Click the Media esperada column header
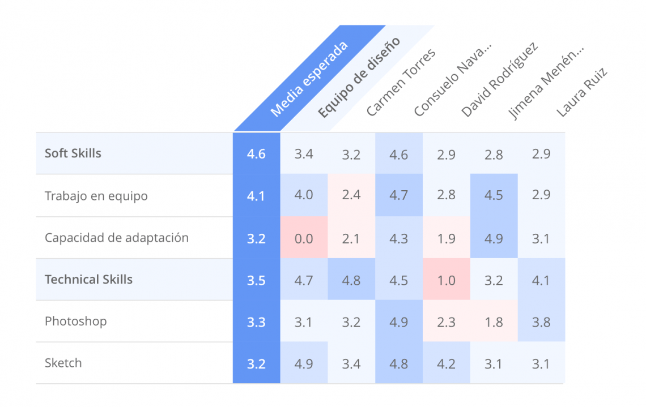pyautogui.click(x=308, y=79)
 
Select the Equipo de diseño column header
pyautogui.click(x=358, y=77)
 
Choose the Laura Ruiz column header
pyautogui.click(x=581, y=92)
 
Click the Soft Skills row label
pyautogui.click(x=73, y=153)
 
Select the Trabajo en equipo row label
pyautogui.click(x=96, y=196)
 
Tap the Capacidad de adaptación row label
pyautogui.click(x=116, y=238)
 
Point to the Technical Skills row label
pyautogui.click(x=88, y=280)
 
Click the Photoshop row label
pyautogui.click(x=75, y=322)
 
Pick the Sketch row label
pyautogui.click(x=63, y=363)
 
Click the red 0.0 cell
pyautogui.click(x=304, y=238)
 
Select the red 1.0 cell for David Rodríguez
pyautogui.click(x=447, y=280)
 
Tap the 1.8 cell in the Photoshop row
pyautogui.click(x=494, y=322)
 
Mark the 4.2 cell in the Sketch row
pyautogui.click(x=447, y=363)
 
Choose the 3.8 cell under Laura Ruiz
pyautogui.click(x=541, y=322)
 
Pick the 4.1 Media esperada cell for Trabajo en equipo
pyautogui.click(x=256, y=196)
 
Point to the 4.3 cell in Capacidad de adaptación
pyautogui.click(x=399, y=238)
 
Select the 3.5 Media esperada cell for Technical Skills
pyautogui.click(x=256, y=280)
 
